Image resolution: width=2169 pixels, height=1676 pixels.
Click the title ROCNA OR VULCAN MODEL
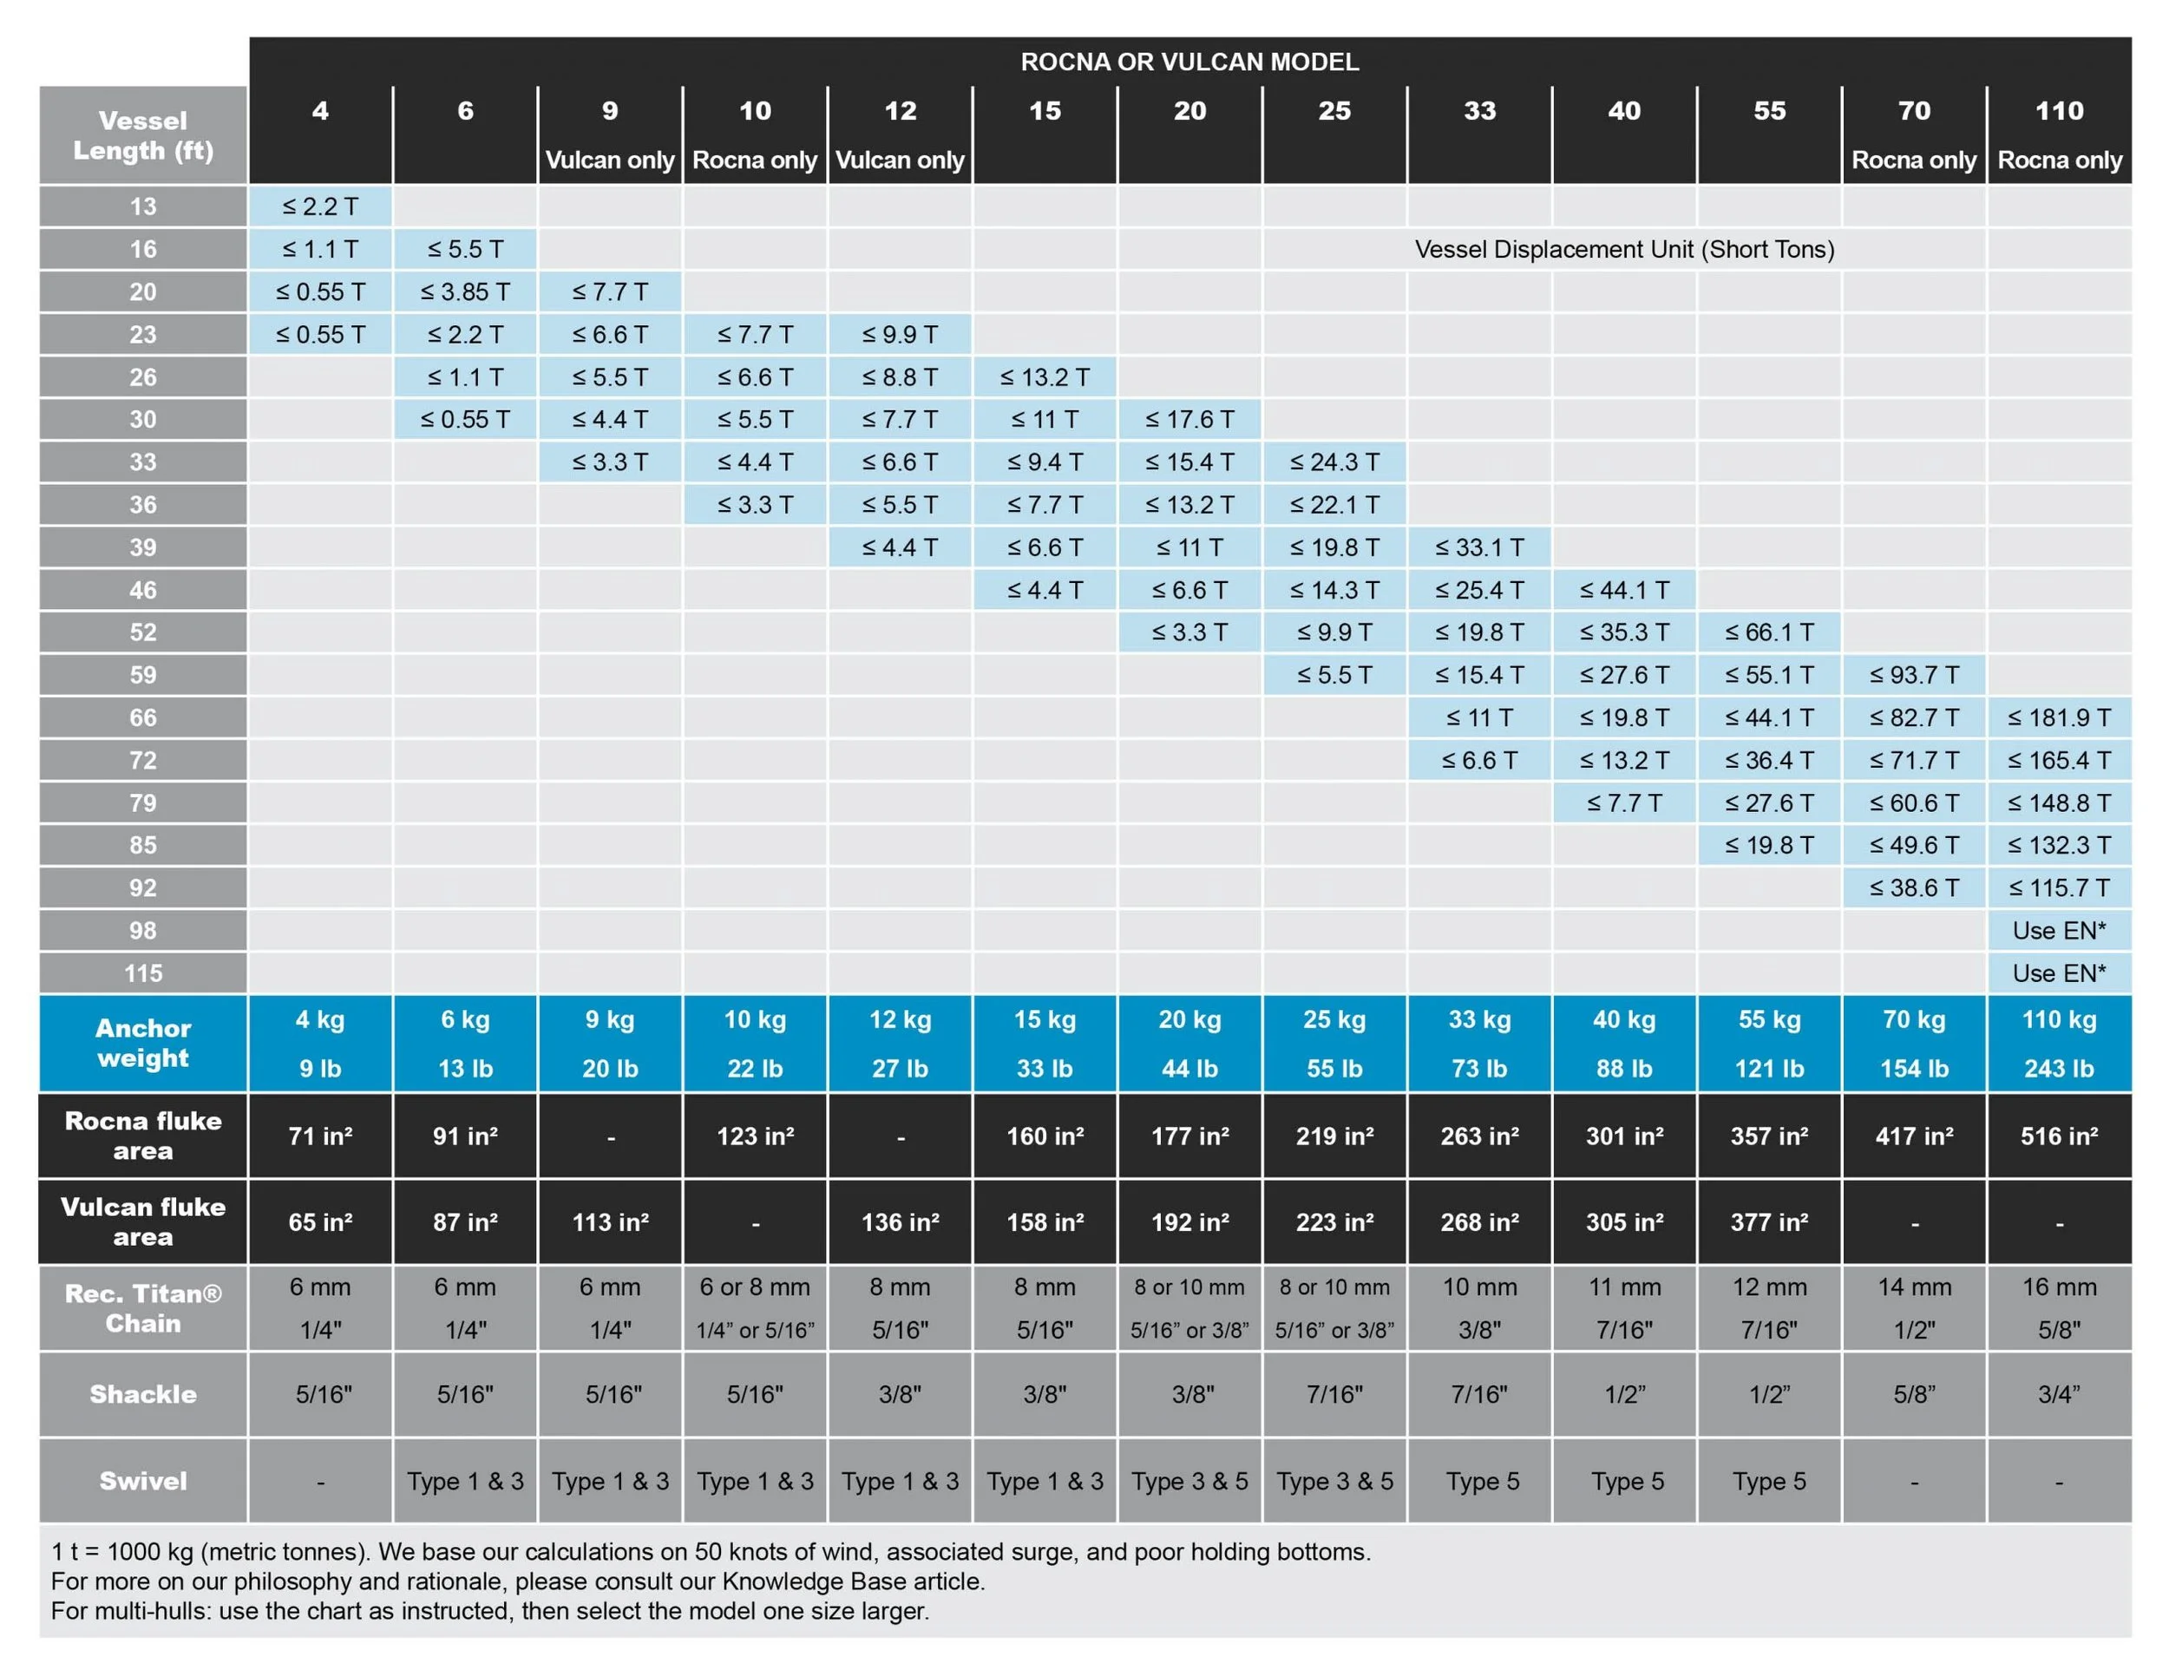tap(1189, 62)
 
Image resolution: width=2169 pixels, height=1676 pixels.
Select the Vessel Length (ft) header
tap(143, 135)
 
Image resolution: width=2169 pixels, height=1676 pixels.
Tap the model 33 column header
tap(1478, 111)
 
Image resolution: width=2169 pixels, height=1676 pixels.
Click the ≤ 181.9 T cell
tap(2059, 717)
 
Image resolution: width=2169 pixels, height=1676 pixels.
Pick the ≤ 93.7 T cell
tap(1914, 675)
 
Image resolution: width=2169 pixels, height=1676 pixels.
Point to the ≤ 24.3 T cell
tap(1334, 462)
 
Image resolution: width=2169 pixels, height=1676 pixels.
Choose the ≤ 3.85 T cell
tap(465, 291)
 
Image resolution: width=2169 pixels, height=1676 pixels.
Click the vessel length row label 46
tap(143, 590)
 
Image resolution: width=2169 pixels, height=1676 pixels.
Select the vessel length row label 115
tap(143, 973)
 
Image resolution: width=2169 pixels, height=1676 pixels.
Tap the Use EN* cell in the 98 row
tap(2059, 930)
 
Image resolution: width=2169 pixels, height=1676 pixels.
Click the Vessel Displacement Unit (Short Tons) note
tap(1624, 249)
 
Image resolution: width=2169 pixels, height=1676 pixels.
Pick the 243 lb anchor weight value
tap(2059, 1069)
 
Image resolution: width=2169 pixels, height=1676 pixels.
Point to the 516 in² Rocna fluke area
tap(2059, 1136)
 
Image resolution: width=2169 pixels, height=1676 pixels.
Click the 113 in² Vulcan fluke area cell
tap(610, 1222)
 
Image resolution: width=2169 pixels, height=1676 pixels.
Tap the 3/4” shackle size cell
tap(2059, 1394)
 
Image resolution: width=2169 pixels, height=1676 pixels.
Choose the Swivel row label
tap(143, 1481)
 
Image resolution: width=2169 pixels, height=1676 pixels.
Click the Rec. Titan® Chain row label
tap(143, 1307)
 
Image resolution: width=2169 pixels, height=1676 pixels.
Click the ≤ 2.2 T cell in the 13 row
tap(320, 206)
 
